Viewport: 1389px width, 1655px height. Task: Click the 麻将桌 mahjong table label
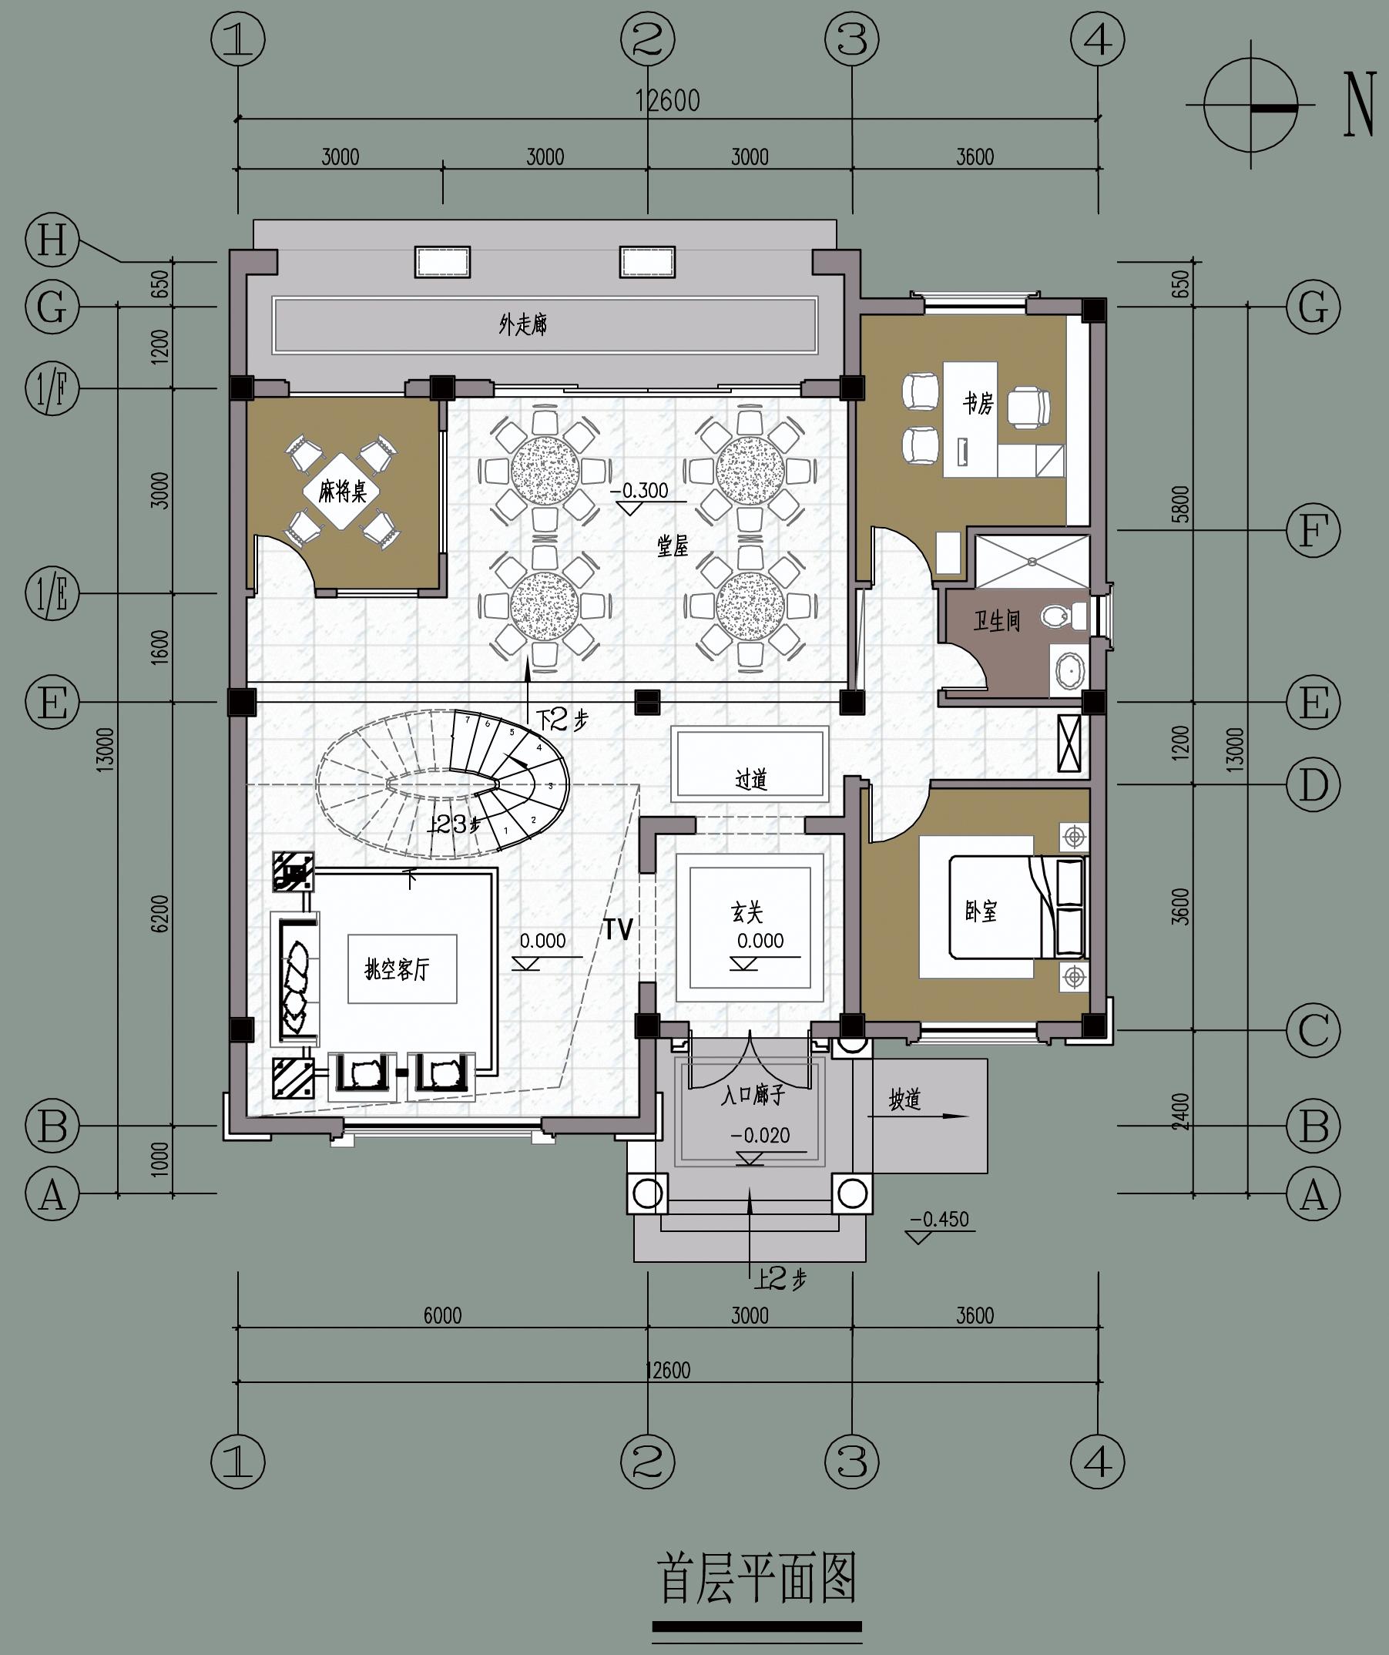[343, 493]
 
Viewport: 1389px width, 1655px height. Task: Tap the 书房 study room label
[978, 405]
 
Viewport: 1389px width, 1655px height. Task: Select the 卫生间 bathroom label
[997, 621]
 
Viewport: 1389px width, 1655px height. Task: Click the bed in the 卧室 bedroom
[1017, 908]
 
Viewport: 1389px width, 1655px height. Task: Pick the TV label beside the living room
[619, 930]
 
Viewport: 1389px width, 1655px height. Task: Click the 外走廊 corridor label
[523, 324]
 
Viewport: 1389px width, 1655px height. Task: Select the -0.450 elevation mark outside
[939, 1219]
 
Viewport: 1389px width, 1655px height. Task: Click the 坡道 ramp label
[905, 1099]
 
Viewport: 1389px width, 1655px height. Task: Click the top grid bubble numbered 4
[1099, 39]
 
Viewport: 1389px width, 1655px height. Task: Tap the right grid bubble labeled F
[1314, 530]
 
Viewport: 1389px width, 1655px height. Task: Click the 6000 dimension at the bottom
[443, 1315]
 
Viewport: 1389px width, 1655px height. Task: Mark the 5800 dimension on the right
[1181, 505]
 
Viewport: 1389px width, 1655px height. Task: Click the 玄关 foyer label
[747, 912]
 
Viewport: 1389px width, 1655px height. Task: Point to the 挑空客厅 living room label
[397, 968]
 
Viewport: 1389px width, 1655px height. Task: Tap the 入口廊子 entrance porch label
[753, 1095]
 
